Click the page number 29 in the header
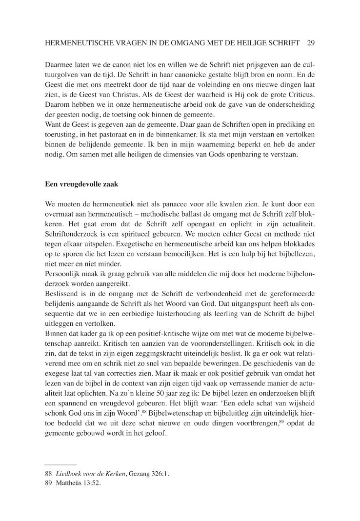point(311,43)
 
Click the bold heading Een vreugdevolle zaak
point(78,185)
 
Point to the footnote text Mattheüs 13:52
point(78,483)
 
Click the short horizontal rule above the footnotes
point(60,464)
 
